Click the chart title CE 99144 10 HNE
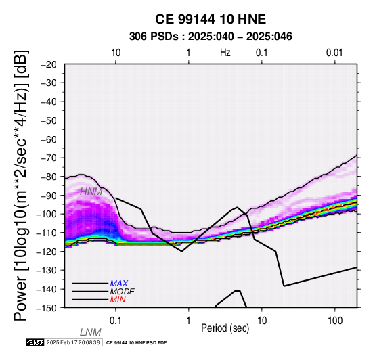click(x=211, y=19)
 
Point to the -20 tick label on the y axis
click(x=49, y=64)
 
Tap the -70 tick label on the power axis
click(x=49, y=158)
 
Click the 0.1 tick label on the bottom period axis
click(x=116, y=321)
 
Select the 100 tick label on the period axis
click(x=335, y=321)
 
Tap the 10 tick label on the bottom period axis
click(x=262, y=321)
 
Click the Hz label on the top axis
click(x=225, y=53)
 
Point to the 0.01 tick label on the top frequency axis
click(x=334, y=53)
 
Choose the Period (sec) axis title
click(x=225, y=328)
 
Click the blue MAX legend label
click(x=119, y=284)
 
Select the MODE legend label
click(x=123, y=292)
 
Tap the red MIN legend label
click(x=118, y=300)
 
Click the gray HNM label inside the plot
click(x=91, y=192)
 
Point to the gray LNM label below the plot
click(x=91, y=332)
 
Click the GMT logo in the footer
click(x=35, y=342)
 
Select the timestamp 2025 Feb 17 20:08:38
click(x=73, y=342)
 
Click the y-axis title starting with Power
click(x=21, y=185)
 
